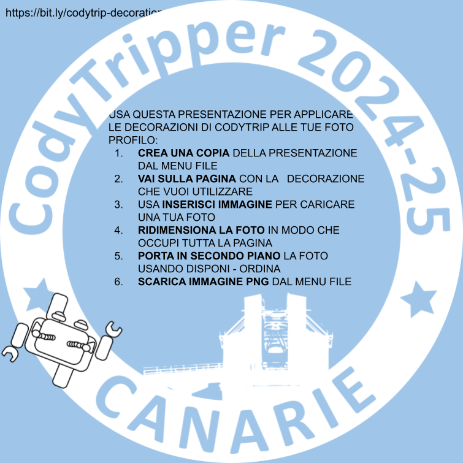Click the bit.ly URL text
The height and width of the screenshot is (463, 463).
84,13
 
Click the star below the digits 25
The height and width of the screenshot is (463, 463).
418,299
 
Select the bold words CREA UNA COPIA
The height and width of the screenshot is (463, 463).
183,153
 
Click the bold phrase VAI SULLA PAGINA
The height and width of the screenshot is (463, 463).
187,178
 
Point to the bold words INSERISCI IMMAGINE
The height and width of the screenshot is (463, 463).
217,204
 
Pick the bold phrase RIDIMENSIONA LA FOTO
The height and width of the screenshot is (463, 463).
201,230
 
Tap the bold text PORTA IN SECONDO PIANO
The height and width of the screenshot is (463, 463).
209,256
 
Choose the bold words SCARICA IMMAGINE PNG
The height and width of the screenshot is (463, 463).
203,281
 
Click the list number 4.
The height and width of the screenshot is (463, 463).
118,230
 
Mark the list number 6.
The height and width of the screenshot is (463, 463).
118,281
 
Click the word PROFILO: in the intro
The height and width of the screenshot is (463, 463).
133,140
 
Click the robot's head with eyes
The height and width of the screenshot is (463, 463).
61,339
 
